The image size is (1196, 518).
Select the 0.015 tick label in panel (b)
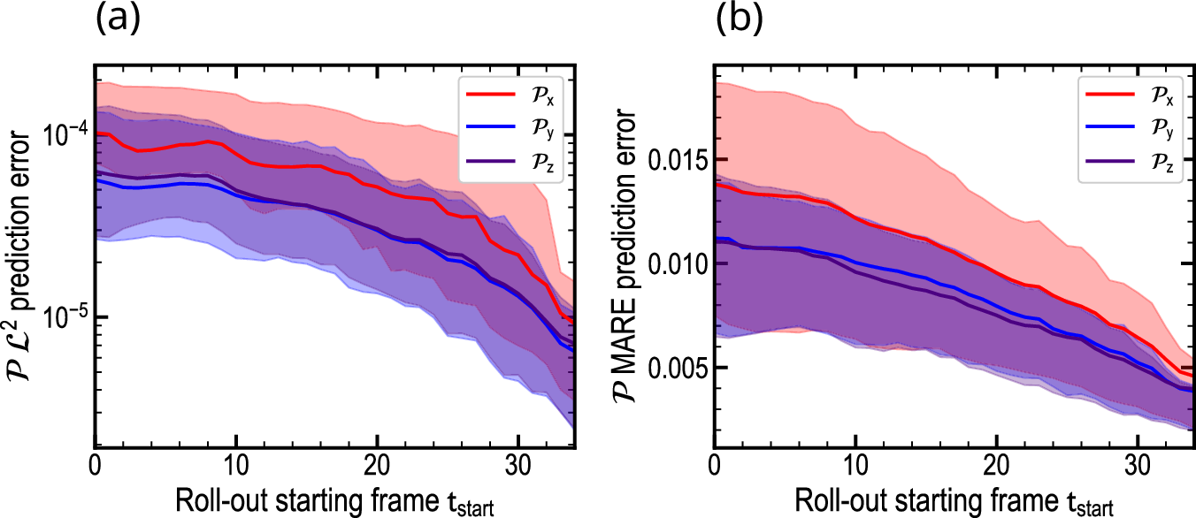(x=674, y=160)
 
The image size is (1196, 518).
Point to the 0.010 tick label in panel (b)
(x=674, y=263)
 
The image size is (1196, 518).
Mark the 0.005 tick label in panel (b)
(x=674, y=367)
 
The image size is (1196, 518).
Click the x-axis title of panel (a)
(x=336, y=500)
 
